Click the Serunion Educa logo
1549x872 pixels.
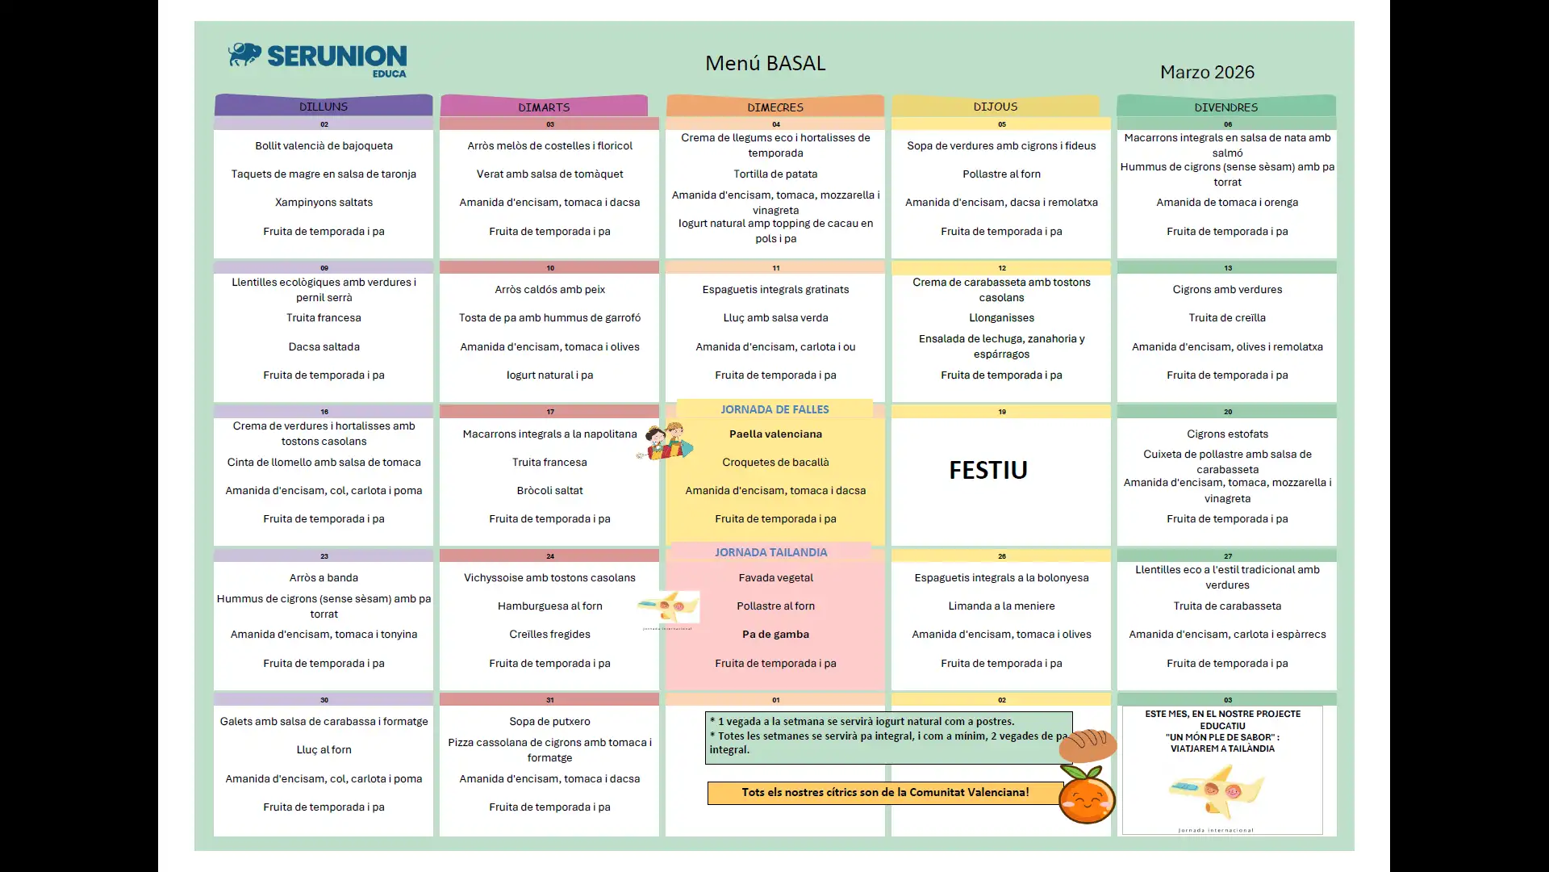[x=318, y=59]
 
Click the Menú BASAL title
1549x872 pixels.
[x=765, y=63]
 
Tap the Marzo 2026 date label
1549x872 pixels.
[x=1207, y=72]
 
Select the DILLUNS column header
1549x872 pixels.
[x=324, y=107]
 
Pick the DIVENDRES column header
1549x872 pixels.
[x=1225, y=107]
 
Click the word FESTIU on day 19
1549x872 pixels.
[x=987, y=470]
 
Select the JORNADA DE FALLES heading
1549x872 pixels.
[x=774, y=409]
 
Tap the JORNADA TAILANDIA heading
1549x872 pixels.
[x=770, y=552]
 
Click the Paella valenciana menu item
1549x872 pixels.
[x=775, y=434]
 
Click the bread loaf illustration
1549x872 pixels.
[x=1088, y=744]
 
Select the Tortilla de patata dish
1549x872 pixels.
[x=775, y=174]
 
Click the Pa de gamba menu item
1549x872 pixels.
[x=775, y=634]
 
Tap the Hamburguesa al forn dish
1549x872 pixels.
[x=549, y=606]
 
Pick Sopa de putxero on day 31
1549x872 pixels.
[x=549, y=721]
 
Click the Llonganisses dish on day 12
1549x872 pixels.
[x=1001, y=317]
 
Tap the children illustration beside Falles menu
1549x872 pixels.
[x=666, y=442]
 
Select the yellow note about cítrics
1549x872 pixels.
[x=885, y=792]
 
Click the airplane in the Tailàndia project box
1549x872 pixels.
[x=1217, y=791]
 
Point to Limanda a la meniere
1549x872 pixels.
[x=1001, y=606]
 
